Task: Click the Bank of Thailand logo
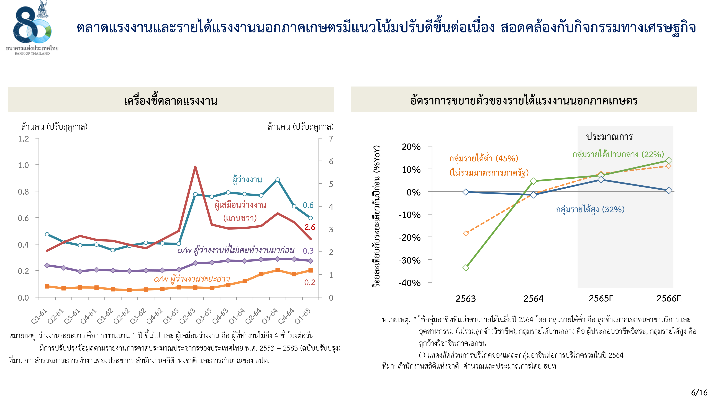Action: [x=32, y=28]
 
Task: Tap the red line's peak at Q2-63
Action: [x=195, y=167]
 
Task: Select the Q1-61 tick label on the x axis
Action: [x=39, y=316]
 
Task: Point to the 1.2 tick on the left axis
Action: [x=24, y=139]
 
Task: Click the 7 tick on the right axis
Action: [x=331, y=139]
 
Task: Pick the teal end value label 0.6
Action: [x=308, y=205]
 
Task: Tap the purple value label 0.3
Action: [x=308, y=251]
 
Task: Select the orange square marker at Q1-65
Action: [x=311, y=270]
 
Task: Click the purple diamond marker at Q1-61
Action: [x=47, y=265]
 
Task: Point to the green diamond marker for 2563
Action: [x=466, y=268]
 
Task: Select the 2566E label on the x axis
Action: [x=669, y=298]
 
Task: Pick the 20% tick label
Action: [x=411, y=147]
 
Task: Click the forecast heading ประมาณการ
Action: [x=609, y=137]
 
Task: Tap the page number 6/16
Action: [x=699, y=393]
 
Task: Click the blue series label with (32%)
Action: [x=590, y=209]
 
